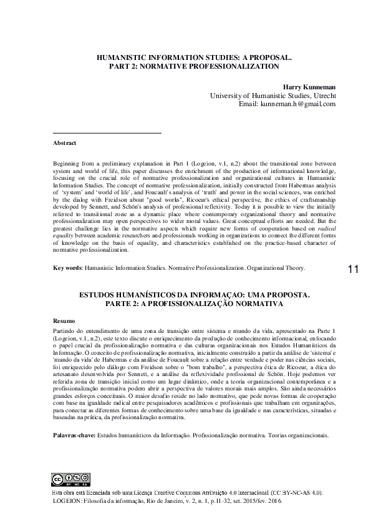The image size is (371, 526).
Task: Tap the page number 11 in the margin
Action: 352,287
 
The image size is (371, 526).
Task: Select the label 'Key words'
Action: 67,285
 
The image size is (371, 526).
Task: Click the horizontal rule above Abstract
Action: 107,133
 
